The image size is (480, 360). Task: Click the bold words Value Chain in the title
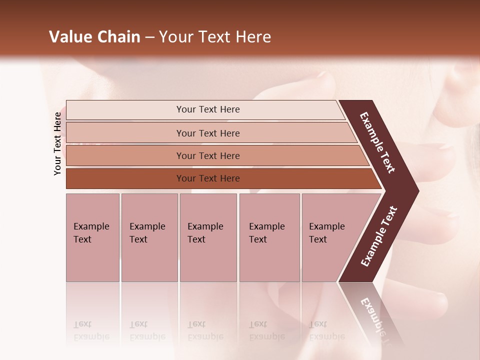[94, 37]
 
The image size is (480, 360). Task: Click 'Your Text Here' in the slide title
[215, 37]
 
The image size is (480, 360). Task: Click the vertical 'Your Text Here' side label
[57, 144]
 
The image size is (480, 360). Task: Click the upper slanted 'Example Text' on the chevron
[377, 142]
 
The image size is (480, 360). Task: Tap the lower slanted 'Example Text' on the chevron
[379, 236]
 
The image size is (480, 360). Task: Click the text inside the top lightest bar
[208, 109]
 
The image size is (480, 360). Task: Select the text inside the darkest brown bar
[208, 178]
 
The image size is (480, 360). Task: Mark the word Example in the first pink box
[91, 226]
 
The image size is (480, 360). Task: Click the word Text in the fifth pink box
[318, 239]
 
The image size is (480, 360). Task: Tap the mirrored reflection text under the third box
[205, 331]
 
